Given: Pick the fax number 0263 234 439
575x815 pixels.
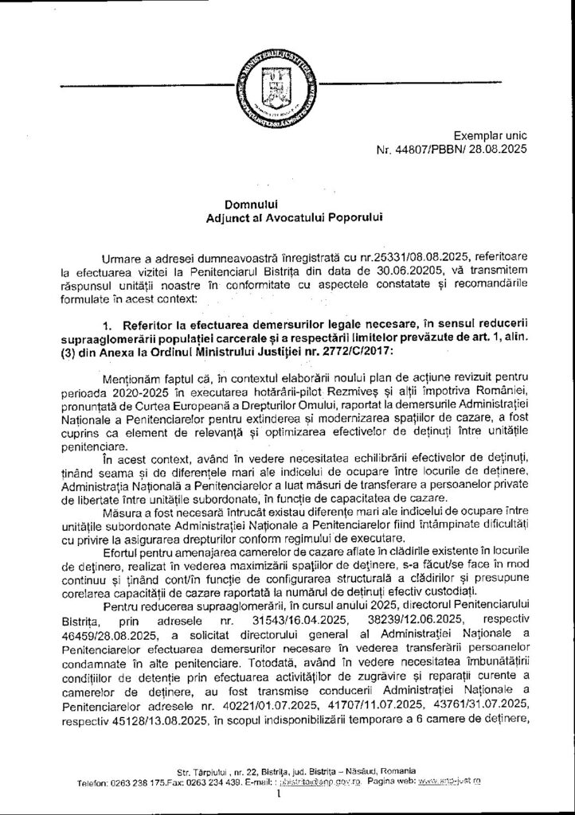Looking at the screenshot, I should [208, 785].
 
